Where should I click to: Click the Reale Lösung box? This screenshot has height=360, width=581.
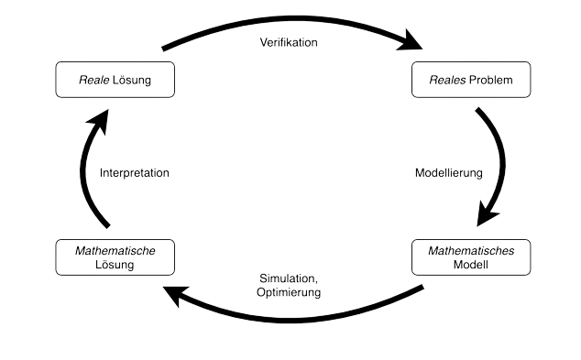pyautogui.click(x=115, y=81)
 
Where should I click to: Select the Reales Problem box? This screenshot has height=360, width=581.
pyautogui.click(x=472, y=81)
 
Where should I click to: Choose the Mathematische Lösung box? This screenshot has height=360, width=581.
pyautogui.click(x=115, y=257)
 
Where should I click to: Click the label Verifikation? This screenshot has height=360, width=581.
pyautogui.click(x=289, y=43)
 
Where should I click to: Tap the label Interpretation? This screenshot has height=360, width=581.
pyautogui.click(x=135, y=171)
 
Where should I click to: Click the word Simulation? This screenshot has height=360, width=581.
pyautogui.click(x=287, y=279)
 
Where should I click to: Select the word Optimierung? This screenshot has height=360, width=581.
pyautogui.click(x=289, y=293)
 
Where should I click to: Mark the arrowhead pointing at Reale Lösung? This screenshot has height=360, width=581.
pyautogui.click(x=100, y=117)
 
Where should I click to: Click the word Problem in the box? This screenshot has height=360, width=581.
pyautogui.click(x=492, y=81)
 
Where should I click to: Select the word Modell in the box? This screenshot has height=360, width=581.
pyautogui.click(x=472, y=265)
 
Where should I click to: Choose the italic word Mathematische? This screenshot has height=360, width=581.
pyautogui.click(x=115, y=250)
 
